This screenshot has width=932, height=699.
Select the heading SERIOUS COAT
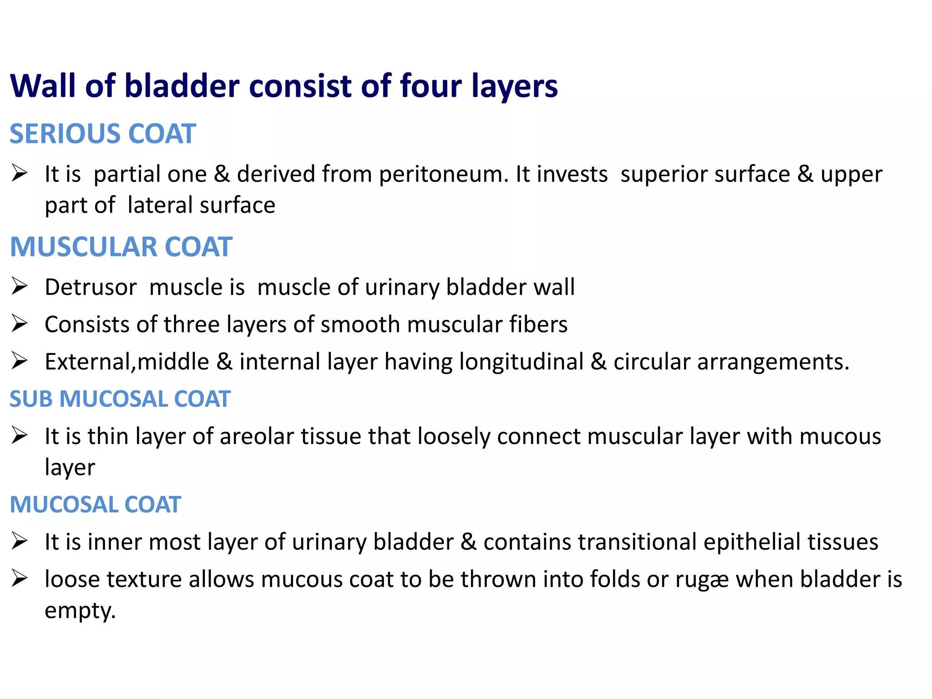click(103, 134)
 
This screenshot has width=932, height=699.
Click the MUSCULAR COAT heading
click(121, 247)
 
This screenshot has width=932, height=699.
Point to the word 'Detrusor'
click(91, 288)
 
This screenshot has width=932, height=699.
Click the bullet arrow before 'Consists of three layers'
click(20, 324)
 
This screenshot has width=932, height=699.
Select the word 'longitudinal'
click(521, 362)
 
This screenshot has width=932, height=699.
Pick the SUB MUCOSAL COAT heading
click(120, 399)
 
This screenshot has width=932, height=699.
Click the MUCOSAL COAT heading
click(96, 505)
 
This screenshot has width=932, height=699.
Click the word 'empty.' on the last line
click(80, 611)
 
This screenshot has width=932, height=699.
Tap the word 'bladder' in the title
click(182, 86)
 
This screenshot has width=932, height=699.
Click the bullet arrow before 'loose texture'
click(20, 579)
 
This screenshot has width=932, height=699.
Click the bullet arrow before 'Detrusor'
click(20, 286)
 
